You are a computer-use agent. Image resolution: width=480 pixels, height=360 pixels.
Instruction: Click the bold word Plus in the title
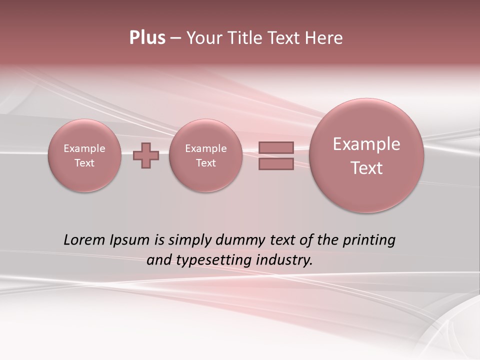coord(147,38)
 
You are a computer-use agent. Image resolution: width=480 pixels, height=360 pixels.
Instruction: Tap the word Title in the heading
coord(246,38)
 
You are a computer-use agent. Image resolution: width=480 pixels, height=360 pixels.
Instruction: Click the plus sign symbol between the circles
coord(146,155)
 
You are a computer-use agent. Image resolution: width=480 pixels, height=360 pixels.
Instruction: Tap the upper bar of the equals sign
coord(276,147)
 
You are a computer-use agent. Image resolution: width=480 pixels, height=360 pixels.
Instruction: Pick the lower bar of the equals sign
coord(276,163)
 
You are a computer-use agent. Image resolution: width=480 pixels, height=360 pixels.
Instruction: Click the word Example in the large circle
coord(366,144)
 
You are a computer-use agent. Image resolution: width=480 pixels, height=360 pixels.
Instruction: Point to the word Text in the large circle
coord(366,168)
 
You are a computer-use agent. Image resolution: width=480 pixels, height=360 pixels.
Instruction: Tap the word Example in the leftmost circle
coord(84,148)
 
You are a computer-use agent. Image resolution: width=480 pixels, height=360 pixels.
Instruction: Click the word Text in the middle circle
coord(205,163)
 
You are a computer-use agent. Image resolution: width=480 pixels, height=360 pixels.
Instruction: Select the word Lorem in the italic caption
coord(84,240)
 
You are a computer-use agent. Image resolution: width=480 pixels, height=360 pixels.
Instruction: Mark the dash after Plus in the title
coord(175,38)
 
